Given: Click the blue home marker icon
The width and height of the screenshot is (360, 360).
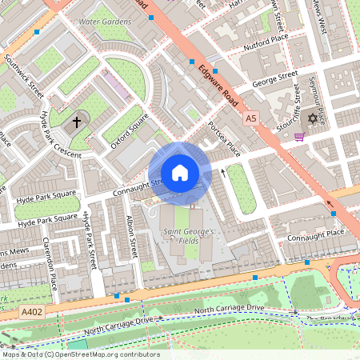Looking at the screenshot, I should tap(179, 173).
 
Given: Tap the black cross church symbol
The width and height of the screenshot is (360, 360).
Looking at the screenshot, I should tap(78, 122).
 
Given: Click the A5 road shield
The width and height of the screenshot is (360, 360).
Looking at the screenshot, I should tap(252, 118).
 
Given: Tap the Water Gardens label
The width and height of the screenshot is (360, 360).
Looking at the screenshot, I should tap(106, 19).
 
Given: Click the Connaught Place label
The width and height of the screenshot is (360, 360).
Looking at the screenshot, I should tap(318, 233).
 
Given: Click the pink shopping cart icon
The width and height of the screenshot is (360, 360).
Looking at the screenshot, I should tap(299, 136).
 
